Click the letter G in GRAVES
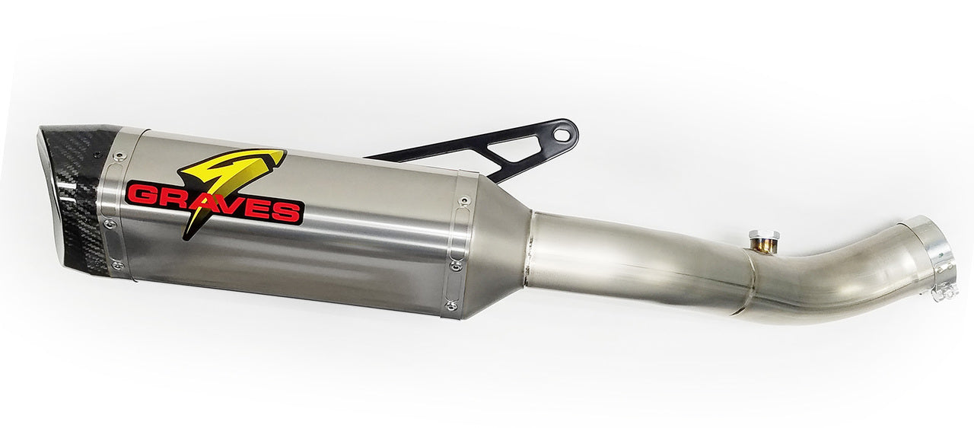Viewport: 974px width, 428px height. (140, 193)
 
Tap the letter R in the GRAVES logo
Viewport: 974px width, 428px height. (169, 196)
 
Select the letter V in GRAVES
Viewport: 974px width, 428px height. (227, 203)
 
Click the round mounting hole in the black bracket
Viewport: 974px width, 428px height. (562, 135)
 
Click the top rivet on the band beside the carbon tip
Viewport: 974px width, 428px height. (118, 156)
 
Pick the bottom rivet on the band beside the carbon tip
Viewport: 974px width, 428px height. (116, 265)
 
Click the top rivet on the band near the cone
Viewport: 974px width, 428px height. (463, 201)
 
